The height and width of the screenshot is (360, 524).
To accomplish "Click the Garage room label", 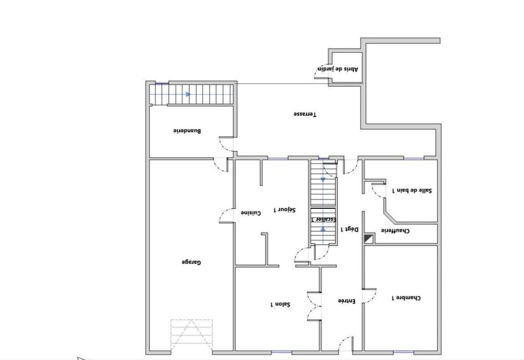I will point(191,262).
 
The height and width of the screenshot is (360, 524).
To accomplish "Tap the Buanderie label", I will point(187,131).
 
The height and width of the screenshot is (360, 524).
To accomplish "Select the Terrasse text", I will point(305,114).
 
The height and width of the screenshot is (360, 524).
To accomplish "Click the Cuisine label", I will point(250,213).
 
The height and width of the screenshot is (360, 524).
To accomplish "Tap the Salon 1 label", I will point(280,305).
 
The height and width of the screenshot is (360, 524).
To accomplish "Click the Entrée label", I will point(347,301).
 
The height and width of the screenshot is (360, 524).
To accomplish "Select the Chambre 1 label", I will point(406,298).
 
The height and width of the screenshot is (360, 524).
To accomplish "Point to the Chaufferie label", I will point(395,231).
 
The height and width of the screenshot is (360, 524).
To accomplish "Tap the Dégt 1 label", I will point(349,229).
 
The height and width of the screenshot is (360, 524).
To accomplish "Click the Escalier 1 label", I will point(323,219).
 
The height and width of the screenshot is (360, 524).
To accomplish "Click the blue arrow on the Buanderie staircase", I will point(188,94).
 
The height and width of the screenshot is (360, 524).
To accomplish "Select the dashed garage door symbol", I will point(191,335).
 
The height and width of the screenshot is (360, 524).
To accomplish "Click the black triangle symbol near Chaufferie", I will point(369,239).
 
